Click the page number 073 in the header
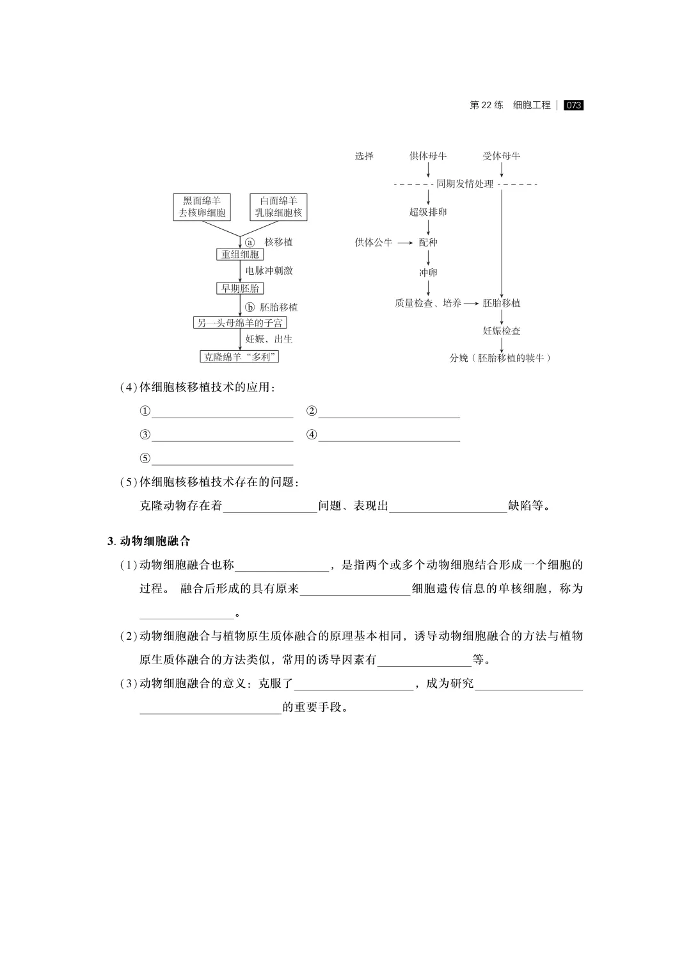[x=573, y=105]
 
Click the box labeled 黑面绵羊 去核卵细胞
[x=202, y=207]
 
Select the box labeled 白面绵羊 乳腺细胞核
[x=278, y=207]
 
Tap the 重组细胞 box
[x=240, y=254]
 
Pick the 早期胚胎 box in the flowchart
[x=240, y=288]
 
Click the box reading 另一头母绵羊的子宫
[x=240, y=323]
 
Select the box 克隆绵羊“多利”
[x=240, y=357]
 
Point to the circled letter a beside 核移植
[x=250, y=242]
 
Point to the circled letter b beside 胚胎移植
[x=250, y=307]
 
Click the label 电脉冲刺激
[x=269, y=271]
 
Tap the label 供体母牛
[x=428, y=156]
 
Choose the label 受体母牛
[x=501, y=156]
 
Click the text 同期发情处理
[x=465, y=184]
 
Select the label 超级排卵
[x=428, y=212]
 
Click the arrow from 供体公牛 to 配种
[x=405, y=243]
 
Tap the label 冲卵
[x=428, y=273]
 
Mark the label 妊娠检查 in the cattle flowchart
[x=501, y=330]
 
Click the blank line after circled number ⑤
[x=222, y=459]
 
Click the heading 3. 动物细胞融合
[x=149, y=541]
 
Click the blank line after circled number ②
[x=389, y=412]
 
